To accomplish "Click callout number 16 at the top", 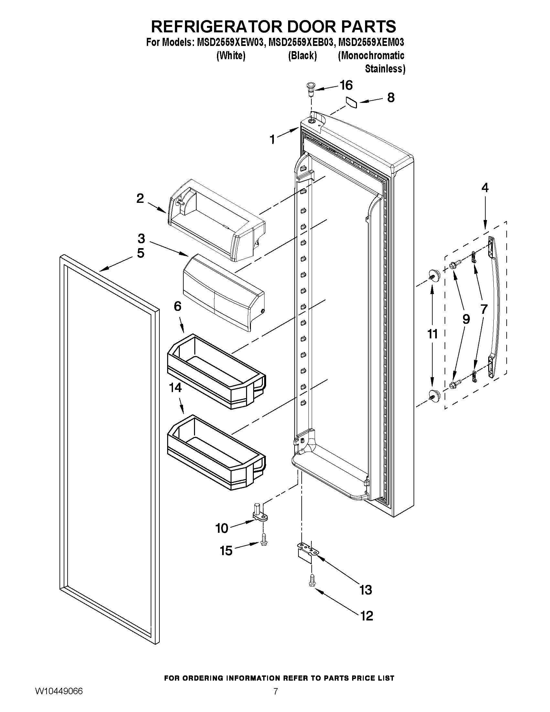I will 346,85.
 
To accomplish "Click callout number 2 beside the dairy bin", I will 140,198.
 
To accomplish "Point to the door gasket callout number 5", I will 140,253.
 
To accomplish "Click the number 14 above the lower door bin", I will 175,388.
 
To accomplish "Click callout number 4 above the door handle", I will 485,188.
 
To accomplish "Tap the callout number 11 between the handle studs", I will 432,334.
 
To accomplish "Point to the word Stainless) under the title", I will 385,69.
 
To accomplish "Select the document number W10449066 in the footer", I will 59,699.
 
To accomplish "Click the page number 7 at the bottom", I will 276,699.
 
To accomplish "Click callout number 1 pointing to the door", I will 272,139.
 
